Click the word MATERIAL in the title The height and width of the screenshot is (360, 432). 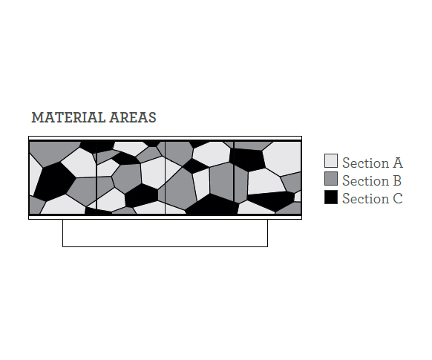pyautogui.click(x=68, y=117)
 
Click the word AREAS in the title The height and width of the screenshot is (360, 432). pyautogui.click(x=133, y=117)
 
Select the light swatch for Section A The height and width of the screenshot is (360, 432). pyautogui.click(x=331, y=161)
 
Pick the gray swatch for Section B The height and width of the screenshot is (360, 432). pyautogui.click(x=331, y=179)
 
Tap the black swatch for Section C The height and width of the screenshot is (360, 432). pyautogui.click(x=331, y=197)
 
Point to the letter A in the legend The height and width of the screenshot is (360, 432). pyautogui.click(x=398, y=163)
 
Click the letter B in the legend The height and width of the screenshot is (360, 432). pyautogui.click(x=397, y=180)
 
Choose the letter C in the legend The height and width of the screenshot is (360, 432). pyautogui.click(x=398, y=199)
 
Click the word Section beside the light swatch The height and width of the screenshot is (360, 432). pyautogui.click(x=366, y=163)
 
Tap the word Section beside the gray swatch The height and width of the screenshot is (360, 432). pyautogui.click(x=366, y=180)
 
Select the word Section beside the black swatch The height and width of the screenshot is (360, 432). pyautogui.click(x=366, y=199)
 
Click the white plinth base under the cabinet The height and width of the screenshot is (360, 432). pyautogui.click(x=165, y=233)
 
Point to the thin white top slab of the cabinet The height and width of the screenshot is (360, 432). pyautogui.click(x=165, y=138)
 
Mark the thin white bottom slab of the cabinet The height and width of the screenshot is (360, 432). pyautogui.click(x=165, y=217)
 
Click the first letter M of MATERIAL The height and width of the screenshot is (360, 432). pyautogui.click(x=38, y=117)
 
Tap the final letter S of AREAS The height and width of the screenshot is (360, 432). pyautogui.click(x=152, y=117)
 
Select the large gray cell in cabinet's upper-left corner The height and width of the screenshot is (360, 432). pyautogui.click(x=53, y=152)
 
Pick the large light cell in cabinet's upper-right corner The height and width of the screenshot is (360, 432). pyautogui.click(x=283, y=158)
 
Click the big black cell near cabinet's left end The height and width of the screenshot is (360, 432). pyautogui.click(x=54, y=181)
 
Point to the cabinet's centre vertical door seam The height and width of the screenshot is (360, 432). pyautogui.click(x=165, y=177)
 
